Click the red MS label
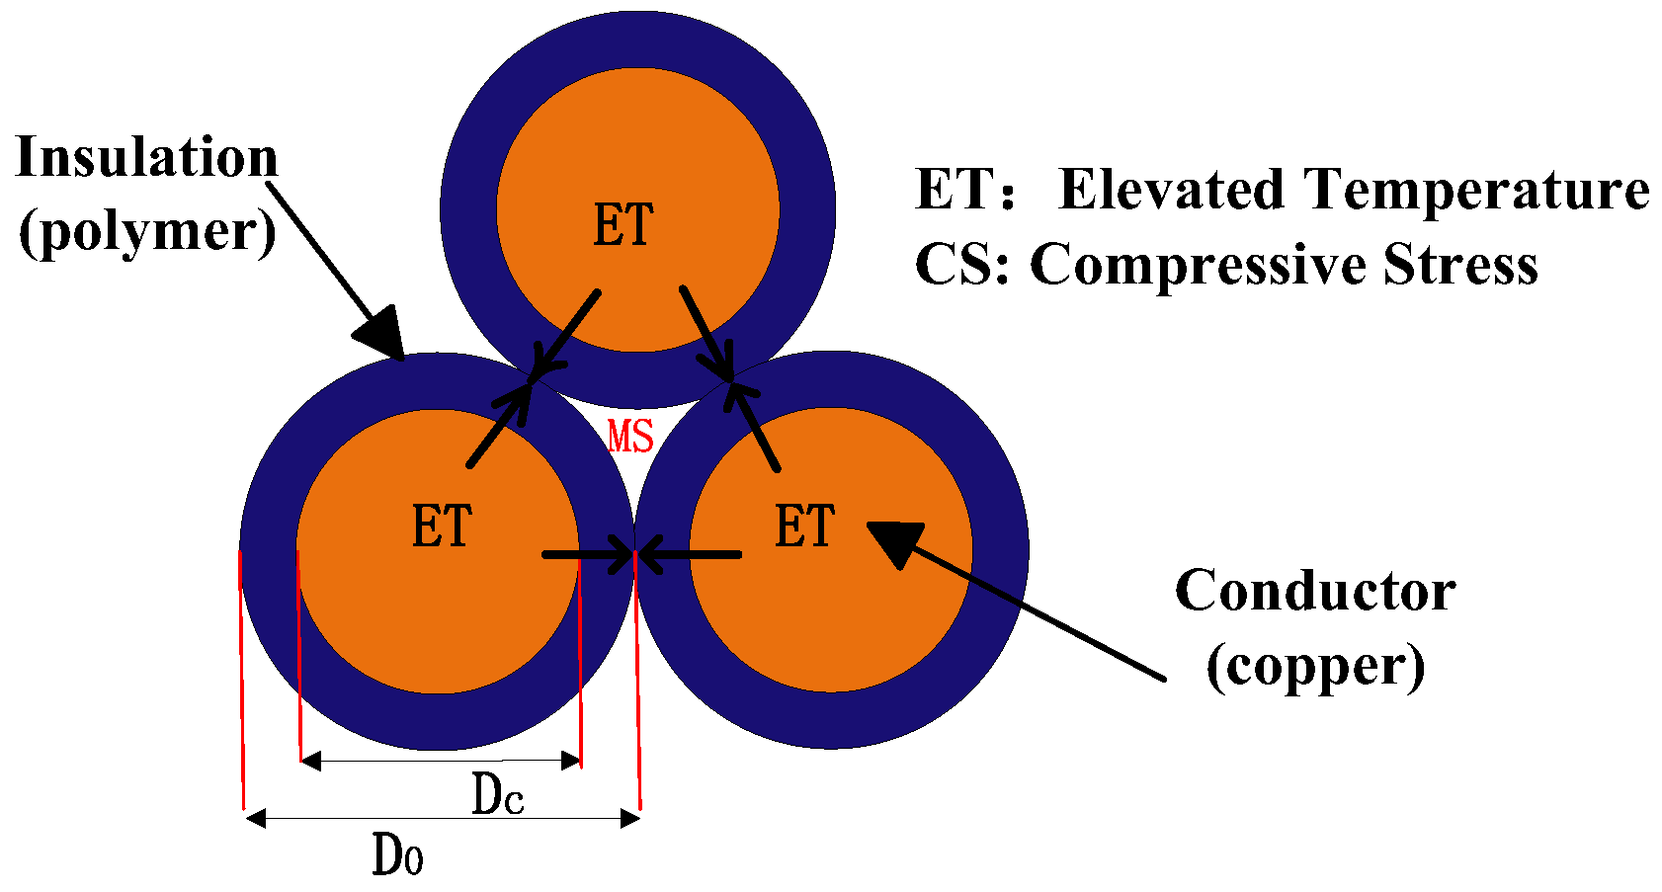click(x=630, y=436)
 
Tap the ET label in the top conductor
click(x=623, y=225)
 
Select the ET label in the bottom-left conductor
click(x=442, y=526)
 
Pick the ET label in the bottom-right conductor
click(x=804, y=526)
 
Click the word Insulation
click(x=147, y=158)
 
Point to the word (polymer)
click(x=147, y=231)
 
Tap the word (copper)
click(x=1315, y=667)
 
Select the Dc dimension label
click(x=497, y=794)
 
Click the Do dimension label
click(x=397, y=854)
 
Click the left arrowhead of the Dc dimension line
click(x=310, y=760)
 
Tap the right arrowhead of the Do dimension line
click(x=629, y=818)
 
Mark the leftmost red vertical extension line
click(x=241, y=682)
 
